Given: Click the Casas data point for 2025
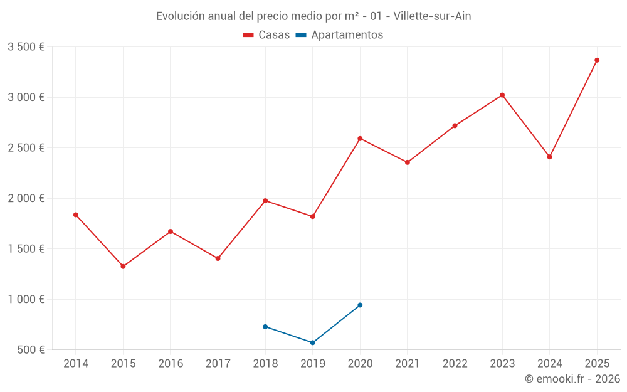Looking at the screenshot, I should tap(597, 60).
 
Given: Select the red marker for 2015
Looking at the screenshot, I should tap(123, 267).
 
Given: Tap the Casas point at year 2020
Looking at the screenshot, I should tap(360, 139).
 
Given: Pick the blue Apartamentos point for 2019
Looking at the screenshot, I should tap(312, 342).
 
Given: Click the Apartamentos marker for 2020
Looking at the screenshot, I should tap(360, 305).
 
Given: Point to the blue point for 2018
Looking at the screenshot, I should tap(265, 327).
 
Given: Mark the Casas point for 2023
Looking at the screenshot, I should tap(502, 95).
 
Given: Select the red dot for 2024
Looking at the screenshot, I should tap(549, 157).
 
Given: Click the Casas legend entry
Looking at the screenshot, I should tap(266, 35).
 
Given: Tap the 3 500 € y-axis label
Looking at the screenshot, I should tap(26, 47).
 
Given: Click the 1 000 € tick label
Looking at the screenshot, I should tap(26, 299).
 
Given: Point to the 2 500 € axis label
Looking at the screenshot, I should tap(26, 148).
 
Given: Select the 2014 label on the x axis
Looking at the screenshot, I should tap(76, 364).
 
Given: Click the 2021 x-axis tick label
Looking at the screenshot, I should tap(408, 364).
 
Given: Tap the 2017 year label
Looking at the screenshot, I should tap(218, 364).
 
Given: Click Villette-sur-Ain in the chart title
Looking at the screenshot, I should tap(432, 16).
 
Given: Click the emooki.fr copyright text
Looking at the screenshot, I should tap(572, 379).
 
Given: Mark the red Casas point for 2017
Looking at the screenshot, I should tap(218, 258).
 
